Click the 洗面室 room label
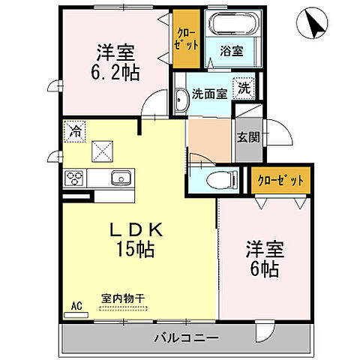[207, 94]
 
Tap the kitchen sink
[121, 178]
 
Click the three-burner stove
[76, 178]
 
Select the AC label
[76, 305]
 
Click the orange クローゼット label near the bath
[184, 38]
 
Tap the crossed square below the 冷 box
[102, 151]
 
